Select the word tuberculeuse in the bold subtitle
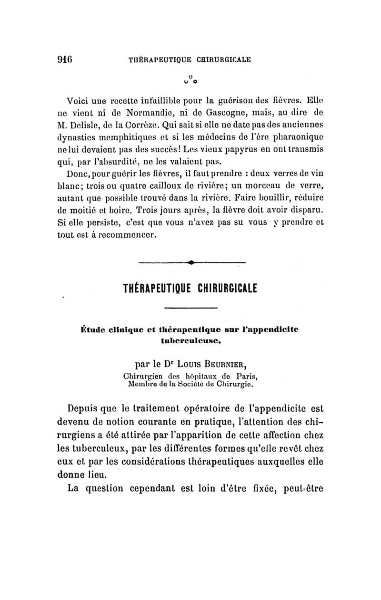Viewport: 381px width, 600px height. point(190,338)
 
